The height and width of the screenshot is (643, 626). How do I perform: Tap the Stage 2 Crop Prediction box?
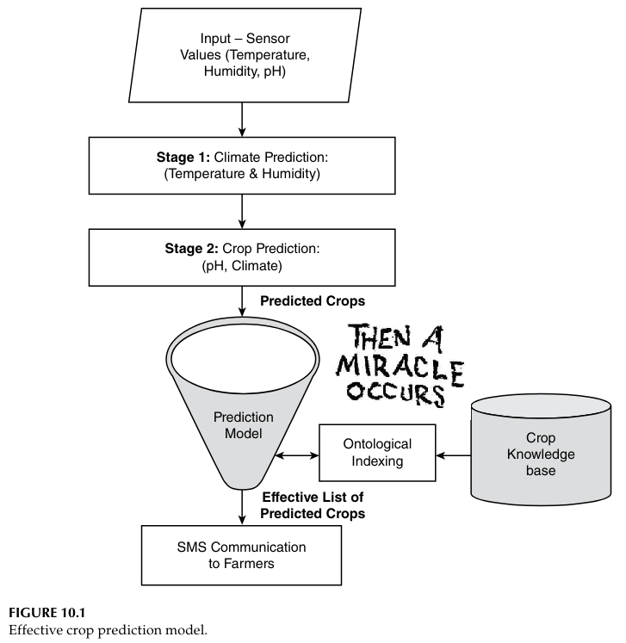point(242,255)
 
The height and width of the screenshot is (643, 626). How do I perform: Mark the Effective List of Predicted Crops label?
point(313,505)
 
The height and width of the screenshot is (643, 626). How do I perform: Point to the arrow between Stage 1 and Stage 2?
point(242,209)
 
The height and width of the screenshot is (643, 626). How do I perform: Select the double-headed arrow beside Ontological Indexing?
point(296,454)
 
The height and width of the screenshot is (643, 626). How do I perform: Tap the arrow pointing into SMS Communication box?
point(242,514)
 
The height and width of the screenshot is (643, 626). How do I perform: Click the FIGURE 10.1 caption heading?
point(43,615)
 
